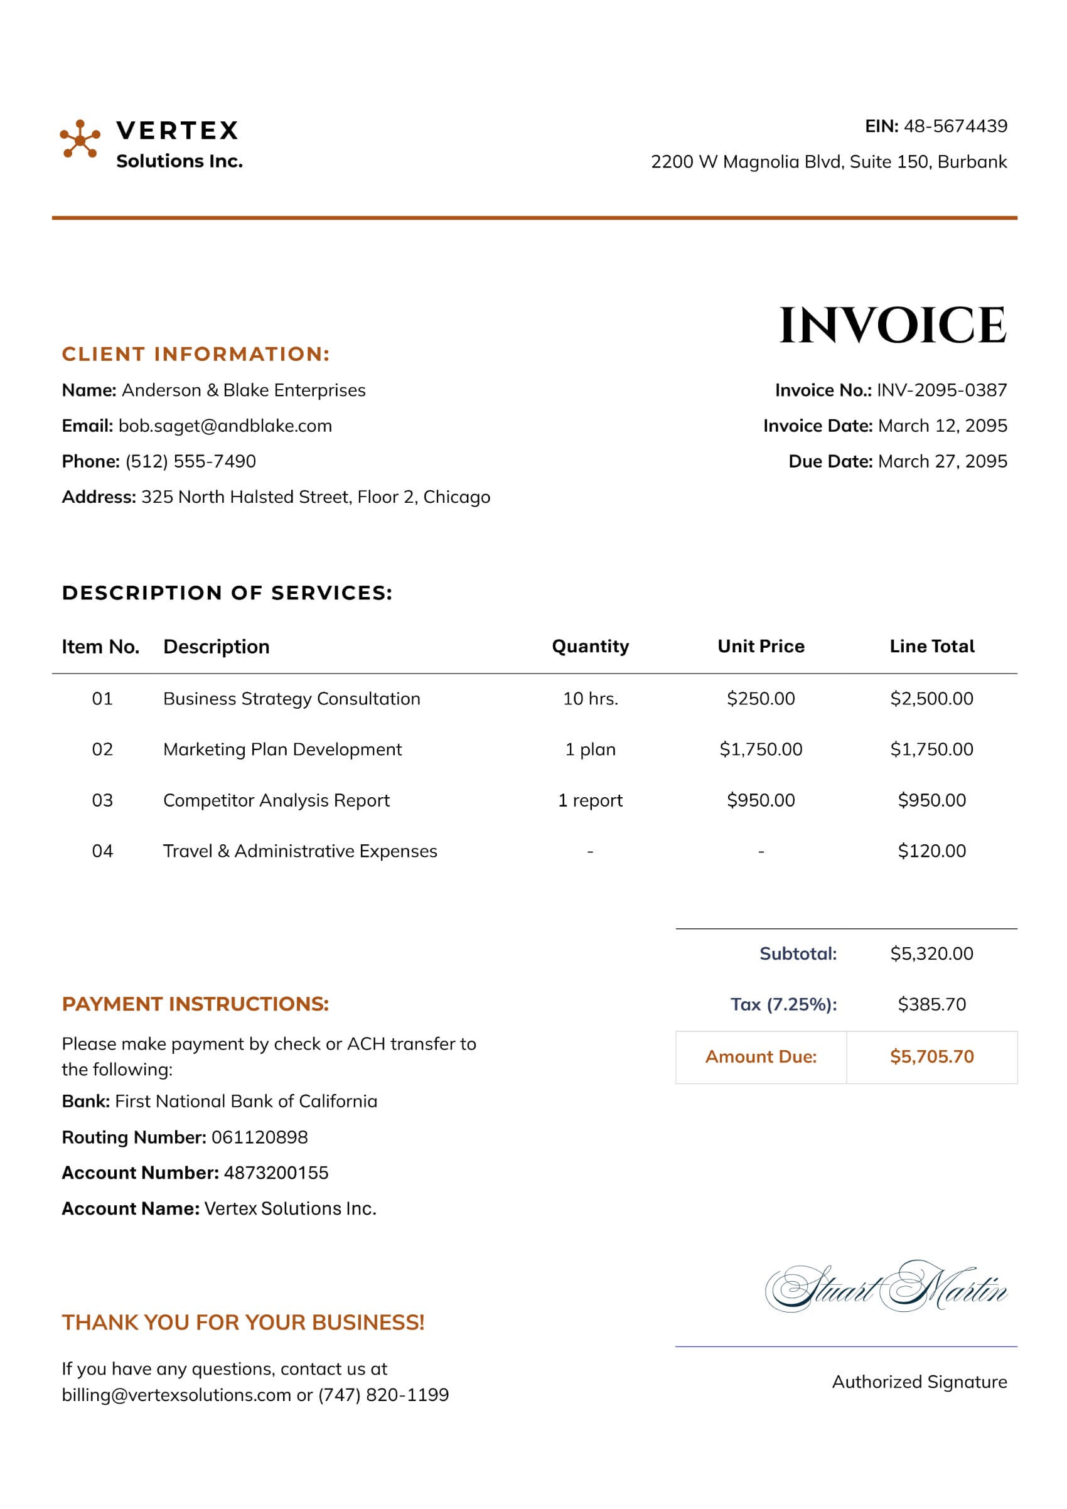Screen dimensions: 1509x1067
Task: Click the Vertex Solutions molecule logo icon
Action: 80,139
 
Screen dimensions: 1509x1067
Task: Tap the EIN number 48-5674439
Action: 955,126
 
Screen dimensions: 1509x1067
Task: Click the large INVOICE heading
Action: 893,325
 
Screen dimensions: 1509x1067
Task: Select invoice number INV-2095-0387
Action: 941,390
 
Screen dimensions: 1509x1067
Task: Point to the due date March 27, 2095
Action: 942,461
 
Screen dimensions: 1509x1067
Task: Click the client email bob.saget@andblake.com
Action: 225,426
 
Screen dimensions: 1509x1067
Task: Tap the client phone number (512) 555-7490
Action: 191,461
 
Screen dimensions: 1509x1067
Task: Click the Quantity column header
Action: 590,646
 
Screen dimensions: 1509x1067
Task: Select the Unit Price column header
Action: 761,646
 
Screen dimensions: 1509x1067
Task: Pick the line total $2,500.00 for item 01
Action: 931,699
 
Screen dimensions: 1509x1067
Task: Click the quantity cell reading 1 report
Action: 590,800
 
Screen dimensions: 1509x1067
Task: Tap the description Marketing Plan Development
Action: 282,749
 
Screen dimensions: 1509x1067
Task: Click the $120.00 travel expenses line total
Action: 931,851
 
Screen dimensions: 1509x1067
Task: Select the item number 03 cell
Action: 102,800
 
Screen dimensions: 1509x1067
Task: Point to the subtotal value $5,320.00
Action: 931,953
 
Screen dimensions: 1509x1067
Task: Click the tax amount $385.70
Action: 931,1004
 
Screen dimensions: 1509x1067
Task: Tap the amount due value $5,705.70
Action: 931,1057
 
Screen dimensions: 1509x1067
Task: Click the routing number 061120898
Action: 259,1137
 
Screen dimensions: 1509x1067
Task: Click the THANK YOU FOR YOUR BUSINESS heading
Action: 243,1323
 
